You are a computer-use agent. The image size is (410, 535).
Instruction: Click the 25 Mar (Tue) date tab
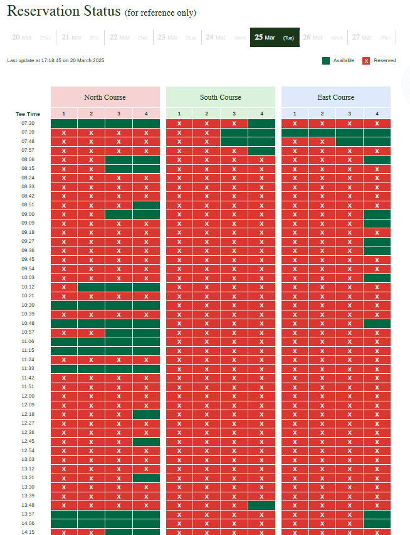275,38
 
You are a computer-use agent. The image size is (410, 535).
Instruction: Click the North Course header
105,97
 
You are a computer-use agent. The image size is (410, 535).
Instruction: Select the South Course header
221,97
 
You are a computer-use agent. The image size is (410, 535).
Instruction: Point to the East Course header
336,97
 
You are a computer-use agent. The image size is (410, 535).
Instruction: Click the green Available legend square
326,61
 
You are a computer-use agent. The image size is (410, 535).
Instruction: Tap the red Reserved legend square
366,61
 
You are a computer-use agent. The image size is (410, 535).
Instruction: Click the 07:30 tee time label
28,123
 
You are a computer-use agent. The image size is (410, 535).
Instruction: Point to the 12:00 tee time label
28,396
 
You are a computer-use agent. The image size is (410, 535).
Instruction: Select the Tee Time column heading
28,114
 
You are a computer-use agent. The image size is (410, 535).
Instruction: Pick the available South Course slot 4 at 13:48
261,505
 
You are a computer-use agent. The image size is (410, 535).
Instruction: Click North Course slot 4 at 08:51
146,205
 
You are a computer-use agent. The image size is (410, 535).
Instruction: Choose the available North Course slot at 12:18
146,414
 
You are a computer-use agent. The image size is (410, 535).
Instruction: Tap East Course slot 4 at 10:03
377,278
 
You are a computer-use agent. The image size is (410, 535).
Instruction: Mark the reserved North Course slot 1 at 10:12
64,287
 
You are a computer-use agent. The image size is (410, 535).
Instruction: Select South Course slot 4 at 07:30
261,123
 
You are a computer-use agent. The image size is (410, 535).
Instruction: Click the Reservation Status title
64,11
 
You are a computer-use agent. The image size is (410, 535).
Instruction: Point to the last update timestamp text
56,61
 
